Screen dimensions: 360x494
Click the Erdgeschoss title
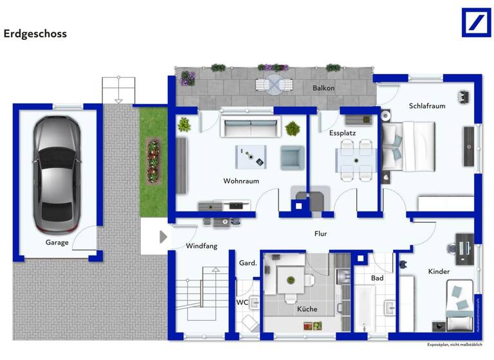click(35, 33)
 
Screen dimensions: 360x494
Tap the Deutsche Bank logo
click(476, 22)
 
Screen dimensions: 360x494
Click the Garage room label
click(57, 242)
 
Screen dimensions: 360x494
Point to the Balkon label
click(324, 88)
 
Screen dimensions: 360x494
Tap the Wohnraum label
click(241, 181)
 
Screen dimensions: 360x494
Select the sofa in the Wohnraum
click(250, 126)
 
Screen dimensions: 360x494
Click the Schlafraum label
click(426, 106)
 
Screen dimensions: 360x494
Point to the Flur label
click(321, 234)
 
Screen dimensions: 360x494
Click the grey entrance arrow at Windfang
click(163, 237)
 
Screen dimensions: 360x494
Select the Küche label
click(307, 309)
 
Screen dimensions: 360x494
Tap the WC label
click(242, 301)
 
